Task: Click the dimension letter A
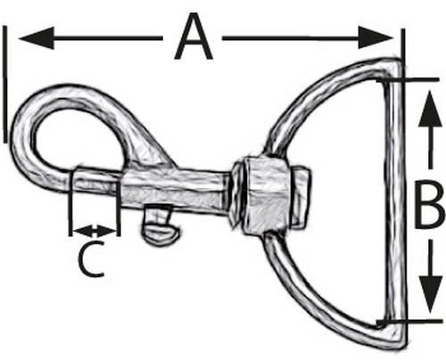(x=194, y=37)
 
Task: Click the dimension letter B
(x=429, y=205)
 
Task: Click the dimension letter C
(x=91, y=258)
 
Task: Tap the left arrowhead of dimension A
(x=37, y=38)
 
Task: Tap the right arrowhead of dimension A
(x=376, y=37)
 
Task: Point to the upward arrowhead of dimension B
(x=430, y=109)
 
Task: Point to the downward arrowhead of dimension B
(x=430, y=294)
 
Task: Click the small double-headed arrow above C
(x=95, y=231)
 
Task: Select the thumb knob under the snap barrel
(x=160, y=225)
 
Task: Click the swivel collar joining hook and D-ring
(x=261, y=195)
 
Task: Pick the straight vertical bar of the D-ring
(x=394, y=202)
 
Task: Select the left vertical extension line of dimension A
(x=4, y=84)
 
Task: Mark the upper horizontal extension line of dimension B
(x=408, y=80)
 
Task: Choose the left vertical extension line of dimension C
(x=70, y=203)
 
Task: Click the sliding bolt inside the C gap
(x=96, y=179)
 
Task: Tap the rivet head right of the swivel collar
(x=301, y=197)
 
